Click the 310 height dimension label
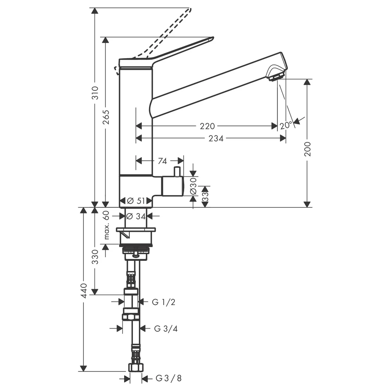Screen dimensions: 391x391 coord(95,93)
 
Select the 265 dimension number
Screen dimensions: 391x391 coord(106,117)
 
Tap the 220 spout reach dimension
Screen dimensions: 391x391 coord(207,126)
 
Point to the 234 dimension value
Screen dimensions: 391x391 coord(216,138)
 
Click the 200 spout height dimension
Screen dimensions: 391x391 coord(308,149)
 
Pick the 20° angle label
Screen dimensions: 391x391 coord(286,125)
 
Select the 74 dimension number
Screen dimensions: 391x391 coord(162,161)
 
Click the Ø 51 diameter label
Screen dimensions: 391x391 coord(136,201)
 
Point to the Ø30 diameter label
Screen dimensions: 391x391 coord(194,186)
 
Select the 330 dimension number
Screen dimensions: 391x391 coord(95,257)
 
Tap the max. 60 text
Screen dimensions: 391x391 coord(106,225)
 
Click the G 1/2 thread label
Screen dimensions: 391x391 coord(163,302)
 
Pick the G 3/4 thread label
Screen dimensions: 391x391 coord(166,328)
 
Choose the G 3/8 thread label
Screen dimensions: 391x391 coord(169,378)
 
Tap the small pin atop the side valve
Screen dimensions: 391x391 coord(177,171)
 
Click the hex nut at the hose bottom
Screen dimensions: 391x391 coord(136,368)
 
